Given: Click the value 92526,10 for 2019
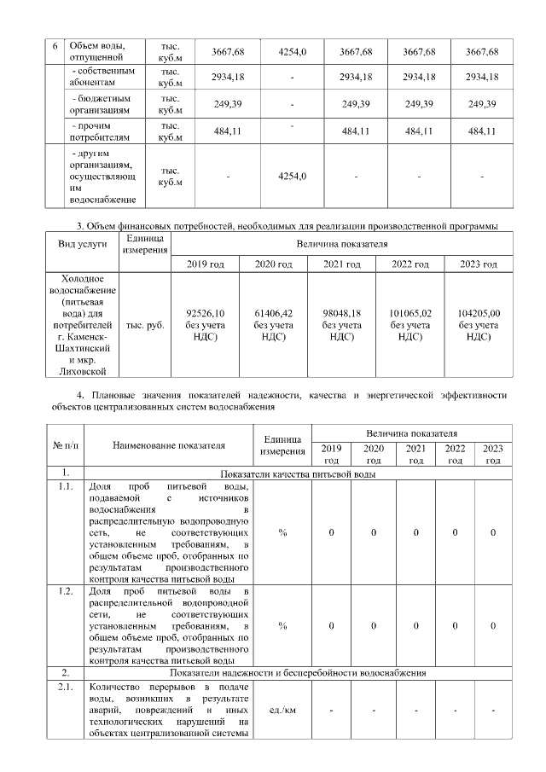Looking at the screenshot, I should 205,313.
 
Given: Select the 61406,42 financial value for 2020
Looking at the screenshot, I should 273,313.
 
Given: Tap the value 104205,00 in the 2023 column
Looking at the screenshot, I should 478,313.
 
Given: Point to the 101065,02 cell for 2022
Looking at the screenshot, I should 410,313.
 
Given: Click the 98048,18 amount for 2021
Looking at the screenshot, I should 341,313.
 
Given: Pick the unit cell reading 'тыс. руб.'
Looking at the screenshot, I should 145,325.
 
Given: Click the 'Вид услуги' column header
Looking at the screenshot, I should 82,244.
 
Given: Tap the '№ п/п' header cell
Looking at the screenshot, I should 64,444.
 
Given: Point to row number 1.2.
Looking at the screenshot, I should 64,591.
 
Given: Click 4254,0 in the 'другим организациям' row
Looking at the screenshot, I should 292,177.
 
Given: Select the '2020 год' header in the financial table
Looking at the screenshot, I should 273,264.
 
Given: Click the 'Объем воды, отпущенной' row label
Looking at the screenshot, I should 96,51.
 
